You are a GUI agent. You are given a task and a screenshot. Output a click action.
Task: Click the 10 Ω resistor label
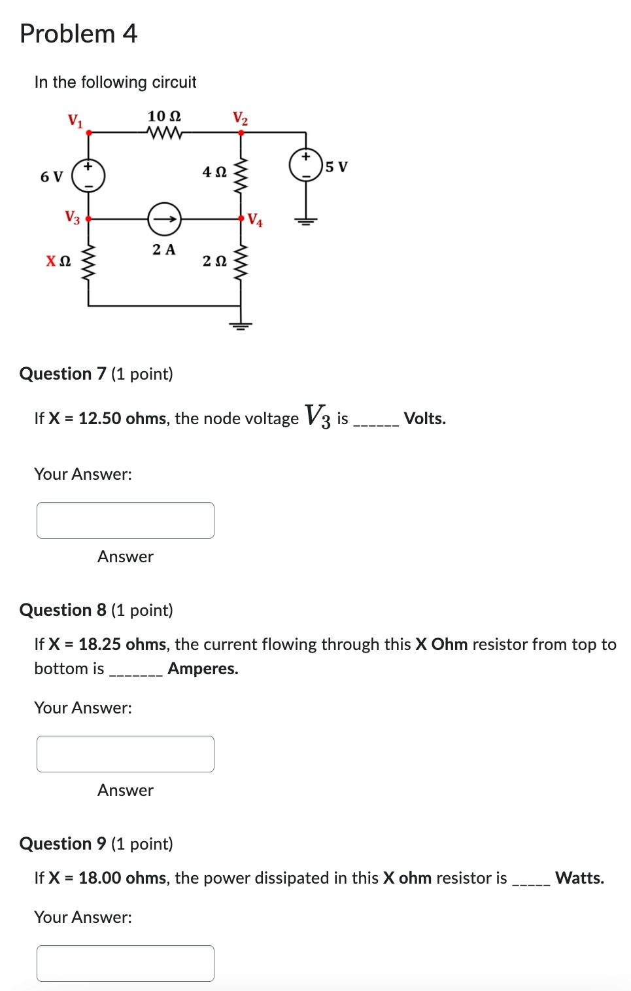coord(164,116)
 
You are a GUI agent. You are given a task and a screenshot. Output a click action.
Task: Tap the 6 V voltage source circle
coord(88,175)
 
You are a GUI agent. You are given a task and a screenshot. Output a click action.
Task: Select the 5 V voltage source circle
coord(306,165)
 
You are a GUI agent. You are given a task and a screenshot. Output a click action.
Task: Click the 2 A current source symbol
coord(164,219)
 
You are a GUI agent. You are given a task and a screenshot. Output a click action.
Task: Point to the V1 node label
coord(75,120)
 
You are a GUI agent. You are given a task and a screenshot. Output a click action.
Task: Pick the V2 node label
coord(240,118)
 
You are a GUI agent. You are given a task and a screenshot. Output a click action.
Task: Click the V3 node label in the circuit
coord(72,217)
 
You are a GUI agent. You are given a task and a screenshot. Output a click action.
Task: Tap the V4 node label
coord(255,220)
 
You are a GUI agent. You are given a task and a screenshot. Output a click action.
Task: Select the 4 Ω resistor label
coord(214,172)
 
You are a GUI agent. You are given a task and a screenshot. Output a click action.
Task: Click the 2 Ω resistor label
coord(214,261)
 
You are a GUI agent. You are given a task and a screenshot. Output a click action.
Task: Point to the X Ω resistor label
coord(58,261)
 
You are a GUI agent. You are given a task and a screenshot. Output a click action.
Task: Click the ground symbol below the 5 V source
coord(305,221)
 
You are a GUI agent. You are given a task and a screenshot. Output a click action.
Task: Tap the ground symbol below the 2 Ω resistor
coord(241,325)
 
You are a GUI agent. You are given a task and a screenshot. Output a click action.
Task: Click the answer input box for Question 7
coord(126,520)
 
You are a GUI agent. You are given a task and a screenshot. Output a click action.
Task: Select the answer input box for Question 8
coord(126,754)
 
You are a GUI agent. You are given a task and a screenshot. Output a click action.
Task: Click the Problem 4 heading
coord(78,33)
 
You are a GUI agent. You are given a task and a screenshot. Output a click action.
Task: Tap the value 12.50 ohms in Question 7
coord(122,419)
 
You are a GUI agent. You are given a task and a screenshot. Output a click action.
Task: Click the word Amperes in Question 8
coord(203,668)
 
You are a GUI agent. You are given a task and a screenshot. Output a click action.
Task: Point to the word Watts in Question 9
coord(579,878)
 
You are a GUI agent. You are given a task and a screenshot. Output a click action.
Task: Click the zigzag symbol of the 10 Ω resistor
coord(165,133)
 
